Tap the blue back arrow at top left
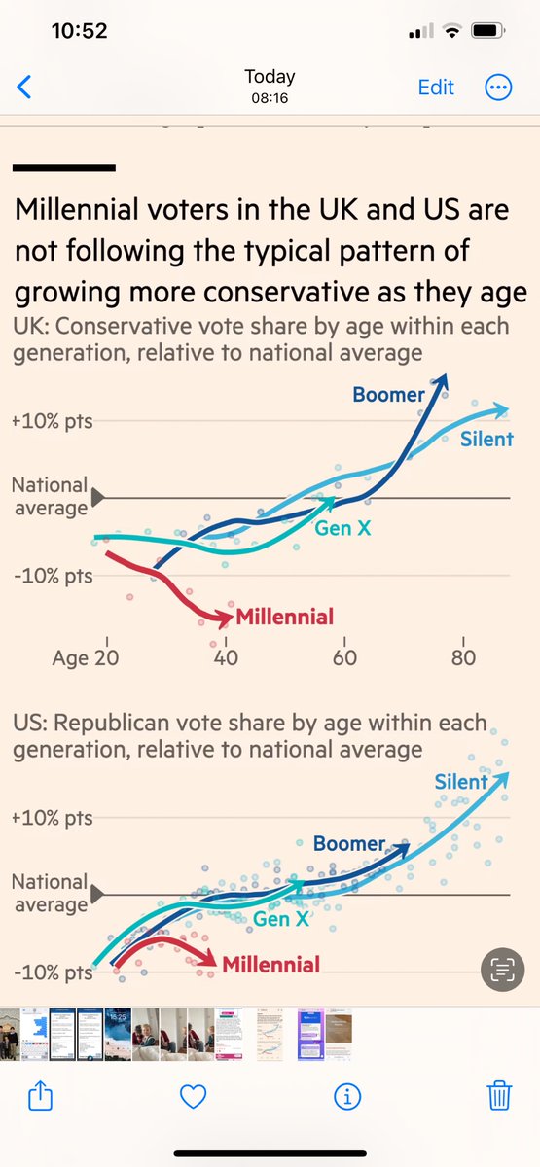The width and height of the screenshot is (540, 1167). (24, 87)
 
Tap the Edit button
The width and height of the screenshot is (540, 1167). (436, 87)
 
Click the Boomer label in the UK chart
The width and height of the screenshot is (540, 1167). (388, 394)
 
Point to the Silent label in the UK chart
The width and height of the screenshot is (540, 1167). (486, 439)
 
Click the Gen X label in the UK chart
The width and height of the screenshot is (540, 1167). (342, 529)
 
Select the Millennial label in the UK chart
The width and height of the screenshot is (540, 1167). (284, 616)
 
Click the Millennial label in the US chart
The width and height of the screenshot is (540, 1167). (270, 965)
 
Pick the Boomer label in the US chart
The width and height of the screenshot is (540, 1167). (349, 844)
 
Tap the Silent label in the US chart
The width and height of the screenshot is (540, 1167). (461, 782)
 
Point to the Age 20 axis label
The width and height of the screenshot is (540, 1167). (85, 658)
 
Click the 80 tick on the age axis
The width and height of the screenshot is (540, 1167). (463, 658)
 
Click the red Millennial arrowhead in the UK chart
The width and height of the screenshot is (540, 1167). (226, 617)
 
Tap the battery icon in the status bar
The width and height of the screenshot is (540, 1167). (486, 31)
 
